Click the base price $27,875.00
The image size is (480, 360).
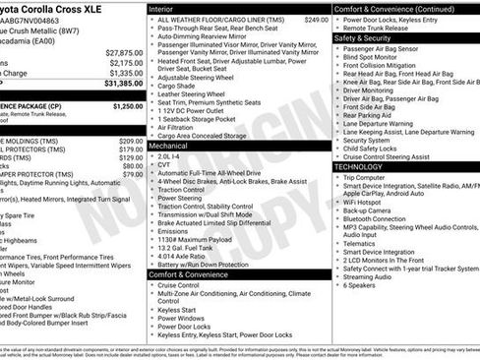(x=123, y=52)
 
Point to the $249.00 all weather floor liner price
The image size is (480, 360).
(x=316, y=19)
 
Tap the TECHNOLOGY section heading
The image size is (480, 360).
(x=358, y=167)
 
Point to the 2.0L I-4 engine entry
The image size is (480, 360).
(x=169, y=155)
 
